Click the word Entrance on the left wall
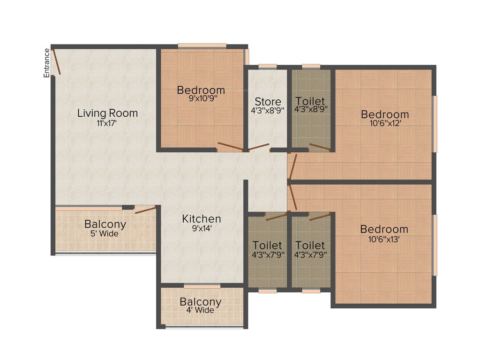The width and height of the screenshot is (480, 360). [x=47, y=63]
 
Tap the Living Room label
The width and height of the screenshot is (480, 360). [x=107, y=113]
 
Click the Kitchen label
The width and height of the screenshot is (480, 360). [x=202, y=219]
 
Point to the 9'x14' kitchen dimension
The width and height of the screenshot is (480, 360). [x=202, y=228]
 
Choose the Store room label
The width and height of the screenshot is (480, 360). [x=268, y=102]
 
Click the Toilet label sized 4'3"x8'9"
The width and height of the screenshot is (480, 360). [x=310, y=102]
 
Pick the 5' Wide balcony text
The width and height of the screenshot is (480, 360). [x=105, y=233]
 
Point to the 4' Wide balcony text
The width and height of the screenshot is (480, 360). [x=201, y=310]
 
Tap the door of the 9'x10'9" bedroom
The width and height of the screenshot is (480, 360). [x=230, y=146]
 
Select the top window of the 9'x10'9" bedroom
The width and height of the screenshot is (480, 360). [x=202, y=45]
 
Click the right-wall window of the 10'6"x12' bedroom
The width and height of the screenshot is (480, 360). [x=435, y=124]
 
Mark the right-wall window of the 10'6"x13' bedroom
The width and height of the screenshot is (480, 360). [x=435, y=245]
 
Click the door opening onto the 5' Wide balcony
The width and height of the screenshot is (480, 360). [x=145, y=210]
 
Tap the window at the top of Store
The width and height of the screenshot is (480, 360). [x=268, y=67]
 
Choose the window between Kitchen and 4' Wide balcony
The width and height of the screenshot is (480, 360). [x=202, y=286]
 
